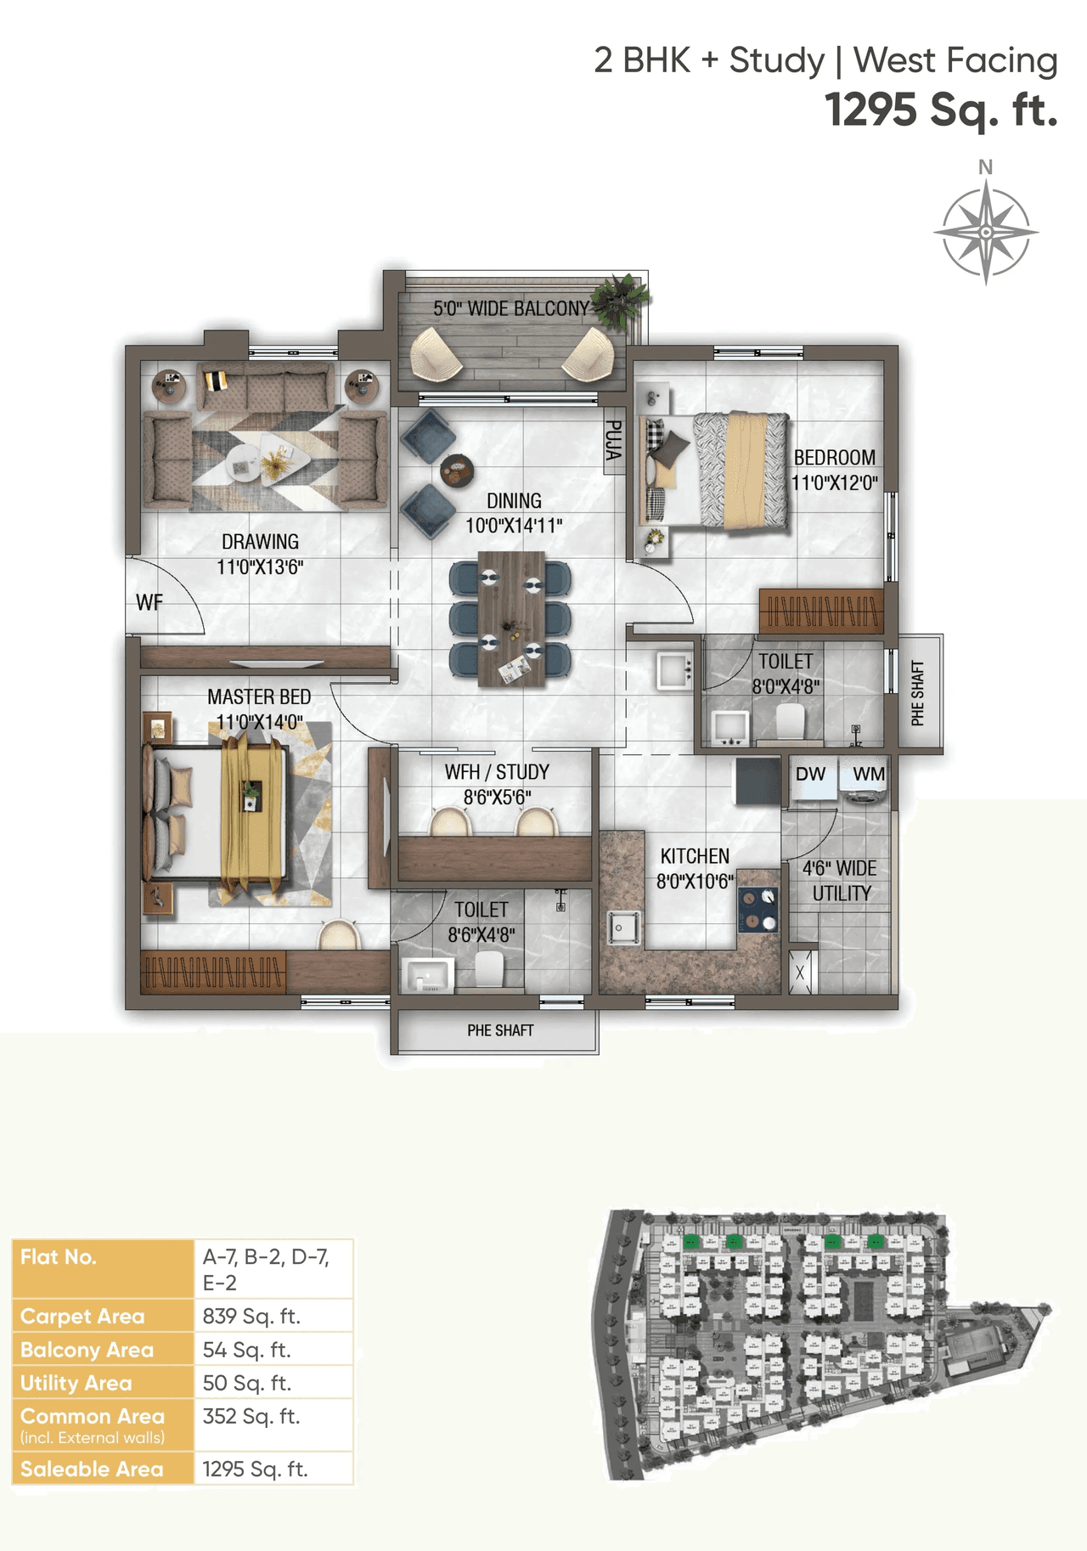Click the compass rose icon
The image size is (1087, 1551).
tap(985, 231)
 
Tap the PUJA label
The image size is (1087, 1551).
tap(612, 441)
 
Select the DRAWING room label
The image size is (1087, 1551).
tap(260, 542)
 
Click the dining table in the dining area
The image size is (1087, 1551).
tap(510, 618)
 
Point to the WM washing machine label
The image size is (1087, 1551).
tap(868, 774)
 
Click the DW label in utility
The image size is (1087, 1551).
tap(810, 774)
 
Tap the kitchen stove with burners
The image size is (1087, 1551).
tap(758, 910)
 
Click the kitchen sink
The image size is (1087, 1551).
tap(622, 927)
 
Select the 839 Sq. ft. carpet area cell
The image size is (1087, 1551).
tap(251, 1316)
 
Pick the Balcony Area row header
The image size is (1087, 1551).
tap(87, 1350)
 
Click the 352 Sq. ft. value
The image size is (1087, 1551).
tap(251, 1416)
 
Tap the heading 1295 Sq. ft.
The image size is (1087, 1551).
tap(941, 110)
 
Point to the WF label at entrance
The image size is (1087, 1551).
tap(149, 602)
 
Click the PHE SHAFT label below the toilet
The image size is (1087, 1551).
tap(500, 1030)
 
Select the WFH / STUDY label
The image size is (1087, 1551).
tap(497, 772)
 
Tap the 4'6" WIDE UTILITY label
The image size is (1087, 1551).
tap(841, 881)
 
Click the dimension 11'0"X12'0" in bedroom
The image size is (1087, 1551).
tap(834, 483)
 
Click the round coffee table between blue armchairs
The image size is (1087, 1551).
tap(457, 469)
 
